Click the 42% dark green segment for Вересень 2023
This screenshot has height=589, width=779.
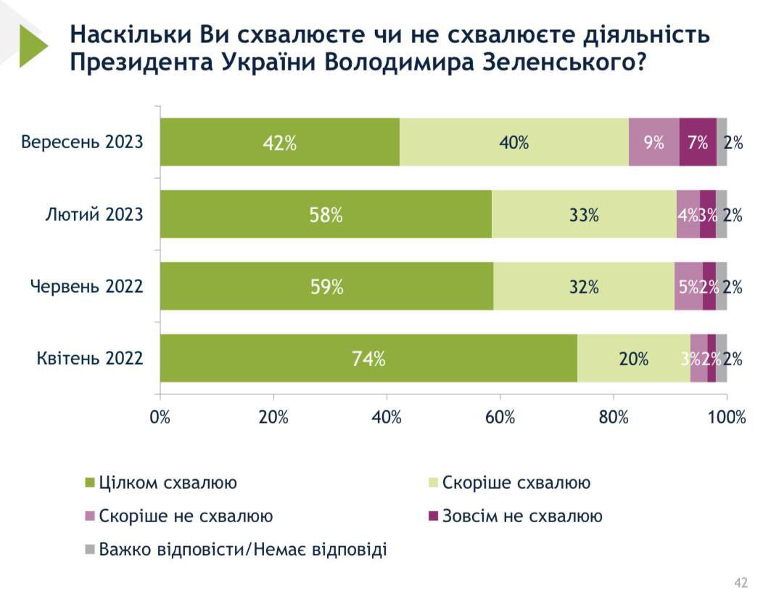pos(279,142)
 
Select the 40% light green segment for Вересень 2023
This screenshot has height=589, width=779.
pos(514,142)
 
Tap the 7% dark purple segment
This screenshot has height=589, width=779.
pos(698,142)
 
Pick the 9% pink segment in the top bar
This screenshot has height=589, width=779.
pos(654,142)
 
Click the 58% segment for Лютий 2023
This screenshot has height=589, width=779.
pos(326,214)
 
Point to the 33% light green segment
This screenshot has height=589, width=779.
pos(584,214)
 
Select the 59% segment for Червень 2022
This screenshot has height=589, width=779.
pos(326,286)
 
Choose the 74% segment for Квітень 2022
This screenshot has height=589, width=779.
pos(368,358)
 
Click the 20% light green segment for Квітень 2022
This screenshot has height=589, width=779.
pos(633,358)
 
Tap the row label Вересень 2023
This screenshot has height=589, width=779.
pos(82,142)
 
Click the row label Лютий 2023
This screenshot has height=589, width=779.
pos(94,214)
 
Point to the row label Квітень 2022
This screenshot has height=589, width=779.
pos(89,358)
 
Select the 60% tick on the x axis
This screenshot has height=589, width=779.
pos(500,418)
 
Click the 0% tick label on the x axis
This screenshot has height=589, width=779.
pos(160,418)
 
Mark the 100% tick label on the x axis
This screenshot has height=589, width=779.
pos(726,418)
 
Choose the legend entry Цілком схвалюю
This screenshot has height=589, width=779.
pos(167,483)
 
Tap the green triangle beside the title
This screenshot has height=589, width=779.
pos(32,45)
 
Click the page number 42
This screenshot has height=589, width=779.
pos(741,582)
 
